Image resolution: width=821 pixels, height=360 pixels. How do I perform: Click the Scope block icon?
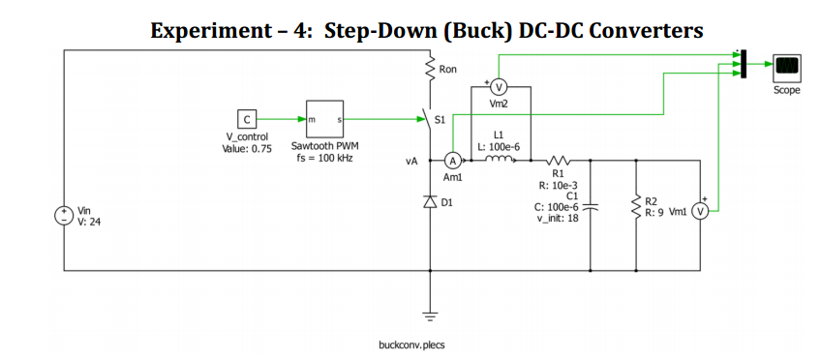pyautogui.click(x=786, y=66)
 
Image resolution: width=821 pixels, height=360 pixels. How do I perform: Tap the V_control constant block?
pyautogui.click(x=247, y=119)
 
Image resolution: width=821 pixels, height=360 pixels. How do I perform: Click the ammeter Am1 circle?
pyautogui.click(x=451, y=161)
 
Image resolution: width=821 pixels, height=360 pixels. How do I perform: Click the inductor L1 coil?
pyautogui.click(x=500, y=160)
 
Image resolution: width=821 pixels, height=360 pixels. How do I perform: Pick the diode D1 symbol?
pyautogui.click(x=430, y=202)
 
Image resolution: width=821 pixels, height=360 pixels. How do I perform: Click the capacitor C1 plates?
pyautogui.click(x=593, y=206)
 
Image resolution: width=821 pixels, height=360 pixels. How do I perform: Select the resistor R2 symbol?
pyautogui.click(x=636, y=205)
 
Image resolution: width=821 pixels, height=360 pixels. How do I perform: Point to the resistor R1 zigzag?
pyautogui.click(x=559, y=160)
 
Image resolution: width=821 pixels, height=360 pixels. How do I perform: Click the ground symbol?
pyautogui.click(x=430, y=313)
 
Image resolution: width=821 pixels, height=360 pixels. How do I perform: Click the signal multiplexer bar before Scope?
pyautogui.click(x=743, y=65)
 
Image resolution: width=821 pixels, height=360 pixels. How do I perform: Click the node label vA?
pyautogui.click(x=411, y=162)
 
